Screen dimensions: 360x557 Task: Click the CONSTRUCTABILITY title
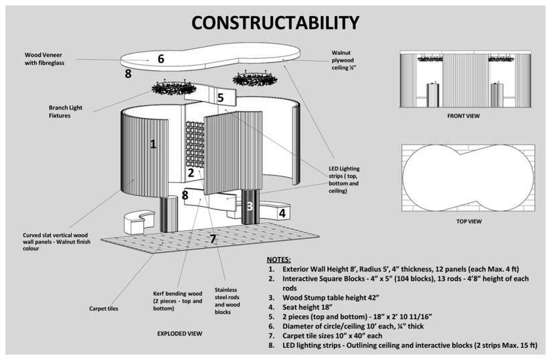coord(275,23)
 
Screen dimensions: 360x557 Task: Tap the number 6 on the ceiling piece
coord(161,58)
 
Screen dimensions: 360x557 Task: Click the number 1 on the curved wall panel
coord(153,143)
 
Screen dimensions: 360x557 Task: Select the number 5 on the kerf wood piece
coord(220,98)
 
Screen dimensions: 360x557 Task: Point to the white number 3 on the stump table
coord(249,206)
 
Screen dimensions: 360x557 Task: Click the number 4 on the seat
coord(283,213)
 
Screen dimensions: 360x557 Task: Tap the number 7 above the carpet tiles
coord(213,238)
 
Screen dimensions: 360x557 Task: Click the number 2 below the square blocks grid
coord(191,173)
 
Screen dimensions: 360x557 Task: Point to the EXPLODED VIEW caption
coord(180,333)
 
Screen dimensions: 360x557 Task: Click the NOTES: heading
coord(278,259)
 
